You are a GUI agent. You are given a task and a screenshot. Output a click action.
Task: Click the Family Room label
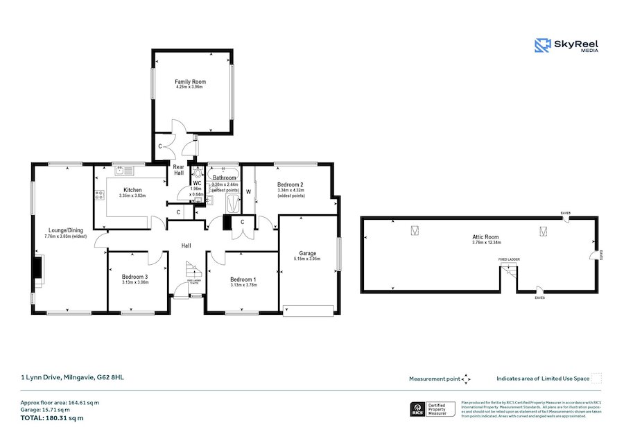point(190,82)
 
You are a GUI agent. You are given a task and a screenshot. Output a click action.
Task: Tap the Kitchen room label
point(132,190)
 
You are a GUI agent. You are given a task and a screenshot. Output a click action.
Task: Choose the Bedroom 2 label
point(291,184)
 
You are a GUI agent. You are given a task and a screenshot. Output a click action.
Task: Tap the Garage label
point(308,253)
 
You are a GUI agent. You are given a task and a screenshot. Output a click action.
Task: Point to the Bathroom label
point(224,178)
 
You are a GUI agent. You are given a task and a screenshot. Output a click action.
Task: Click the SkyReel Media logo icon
point(542,46)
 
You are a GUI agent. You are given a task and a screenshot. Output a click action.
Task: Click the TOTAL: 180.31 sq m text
point(52,418)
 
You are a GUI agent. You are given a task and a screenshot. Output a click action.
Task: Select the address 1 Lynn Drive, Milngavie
point(72,378)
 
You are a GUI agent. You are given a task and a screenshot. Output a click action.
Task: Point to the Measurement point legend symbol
point(467,379)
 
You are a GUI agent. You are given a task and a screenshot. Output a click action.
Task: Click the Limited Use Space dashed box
point(596,378)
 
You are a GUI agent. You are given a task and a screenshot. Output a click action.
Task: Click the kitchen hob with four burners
point(99,196)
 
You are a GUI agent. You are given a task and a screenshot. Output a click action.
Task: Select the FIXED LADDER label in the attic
point(509,259)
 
